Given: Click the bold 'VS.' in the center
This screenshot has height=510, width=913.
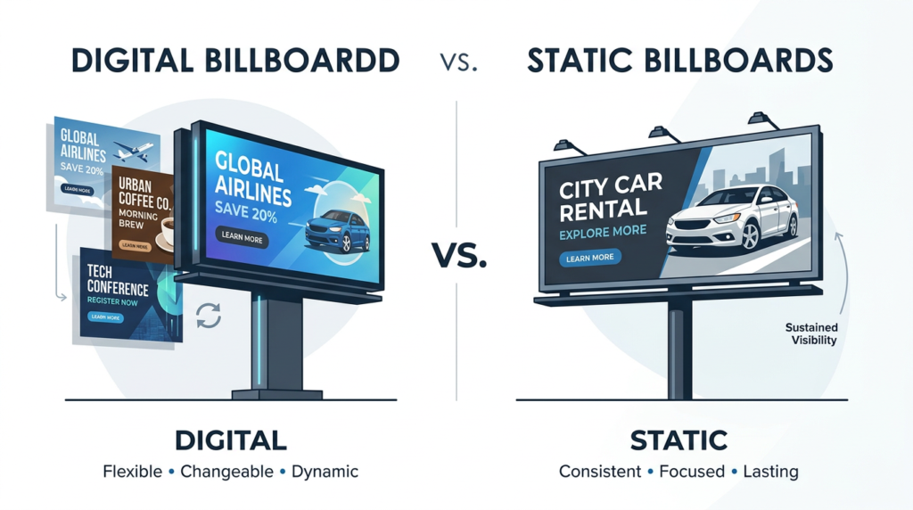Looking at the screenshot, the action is [x=459, y=256].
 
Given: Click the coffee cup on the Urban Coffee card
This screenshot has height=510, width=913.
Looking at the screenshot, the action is [x=165, y=233].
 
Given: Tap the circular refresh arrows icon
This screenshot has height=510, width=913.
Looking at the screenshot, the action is [x=209, y=316].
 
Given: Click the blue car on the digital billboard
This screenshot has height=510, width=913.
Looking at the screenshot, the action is [x=337, y=231].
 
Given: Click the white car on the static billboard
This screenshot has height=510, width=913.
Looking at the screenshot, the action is [x=733, y=216].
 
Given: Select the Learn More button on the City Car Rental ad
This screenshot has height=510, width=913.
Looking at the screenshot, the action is [x=590, y=258].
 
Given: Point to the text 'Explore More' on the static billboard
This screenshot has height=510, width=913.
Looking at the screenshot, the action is [x=603, y=232].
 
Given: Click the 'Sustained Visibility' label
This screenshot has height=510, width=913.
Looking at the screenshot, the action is [x=811, y=333].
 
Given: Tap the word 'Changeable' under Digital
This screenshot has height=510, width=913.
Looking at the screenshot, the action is [x=226, y=471].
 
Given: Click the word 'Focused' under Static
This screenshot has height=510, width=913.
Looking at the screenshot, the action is [x=692, y=471].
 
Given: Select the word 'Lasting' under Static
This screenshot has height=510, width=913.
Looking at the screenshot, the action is [x=770, y=472].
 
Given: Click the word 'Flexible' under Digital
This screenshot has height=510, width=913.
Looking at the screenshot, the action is [x=132, y=471].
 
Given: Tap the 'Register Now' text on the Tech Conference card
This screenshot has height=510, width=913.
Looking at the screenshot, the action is [x=112, y=301].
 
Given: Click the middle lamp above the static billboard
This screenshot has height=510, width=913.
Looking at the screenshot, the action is [x=663, y=134].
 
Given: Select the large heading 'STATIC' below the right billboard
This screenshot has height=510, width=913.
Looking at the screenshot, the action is [x=679, y=440].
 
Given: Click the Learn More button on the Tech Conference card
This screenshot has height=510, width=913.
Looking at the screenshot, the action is [x=105, y=317].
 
